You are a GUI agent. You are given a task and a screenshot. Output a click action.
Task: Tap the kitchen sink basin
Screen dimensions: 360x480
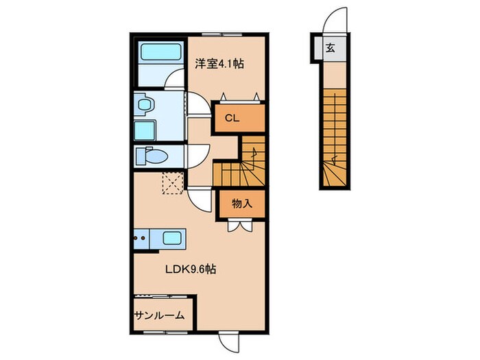pyautogui.click(x=173, y=239)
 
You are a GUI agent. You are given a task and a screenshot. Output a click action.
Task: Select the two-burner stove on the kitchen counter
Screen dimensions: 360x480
pyautogui.click(x=141, y=239)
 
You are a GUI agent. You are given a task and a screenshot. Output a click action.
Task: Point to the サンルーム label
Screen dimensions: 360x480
pyautogui.click(x=158, y=315)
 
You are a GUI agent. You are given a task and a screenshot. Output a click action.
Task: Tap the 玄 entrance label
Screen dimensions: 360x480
pyautogui.click(x=330, y=49)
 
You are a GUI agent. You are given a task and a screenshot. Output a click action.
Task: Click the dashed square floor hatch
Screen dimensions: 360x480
pyautogui.click(x=171, y=183)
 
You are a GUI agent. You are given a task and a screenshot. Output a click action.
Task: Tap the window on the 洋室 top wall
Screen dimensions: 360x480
pyautogui.click(x=221, y=32)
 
